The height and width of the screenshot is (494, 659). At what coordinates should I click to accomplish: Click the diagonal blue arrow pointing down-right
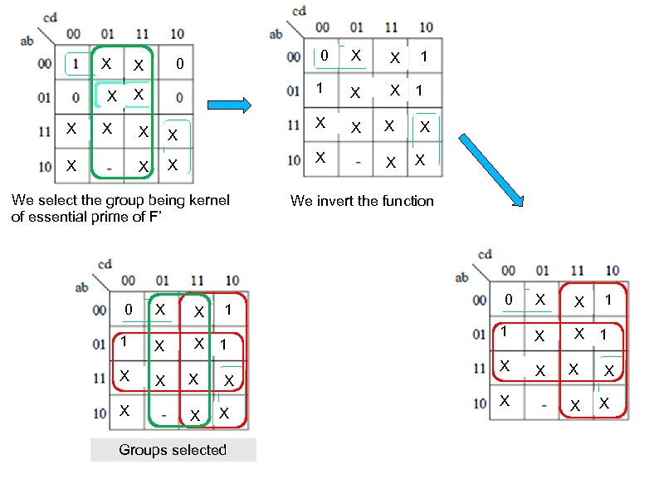tap(492, 169)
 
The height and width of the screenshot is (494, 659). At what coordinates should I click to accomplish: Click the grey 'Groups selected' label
tap(173, 450)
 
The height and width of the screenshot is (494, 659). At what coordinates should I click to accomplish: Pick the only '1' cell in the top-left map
tap(76, 64)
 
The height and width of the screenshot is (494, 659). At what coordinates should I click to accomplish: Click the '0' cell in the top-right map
tap(325, 56)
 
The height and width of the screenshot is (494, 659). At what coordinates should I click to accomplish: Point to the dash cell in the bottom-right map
tap(544, 404)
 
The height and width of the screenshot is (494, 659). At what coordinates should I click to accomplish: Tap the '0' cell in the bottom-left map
tap(128, 310)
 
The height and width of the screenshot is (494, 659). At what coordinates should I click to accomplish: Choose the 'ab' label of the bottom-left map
tap(81, 288)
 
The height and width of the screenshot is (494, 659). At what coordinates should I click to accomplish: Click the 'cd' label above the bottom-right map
tap(485, 254)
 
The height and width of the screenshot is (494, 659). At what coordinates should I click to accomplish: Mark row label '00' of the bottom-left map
tap(100, 310)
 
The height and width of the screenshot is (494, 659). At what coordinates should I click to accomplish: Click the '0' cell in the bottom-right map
tap(510, 299)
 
